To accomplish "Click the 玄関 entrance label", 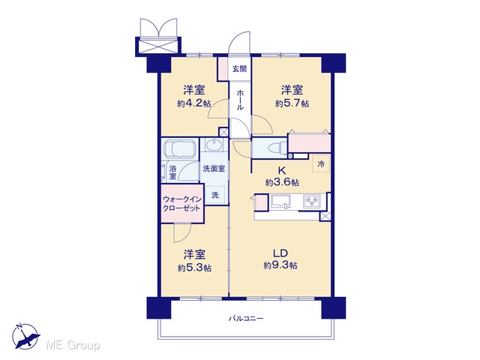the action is [239, 68].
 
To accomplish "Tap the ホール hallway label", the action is [240, 100].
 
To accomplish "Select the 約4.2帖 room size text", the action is [194, 103].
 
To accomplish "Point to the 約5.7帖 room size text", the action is [292, 103].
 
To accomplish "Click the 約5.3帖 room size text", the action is [194, 268].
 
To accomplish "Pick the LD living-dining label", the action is [280, 253].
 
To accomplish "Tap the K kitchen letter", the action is [282, 170].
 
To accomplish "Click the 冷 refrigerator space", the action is [321, 163].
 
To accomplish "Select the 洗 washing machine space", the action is [215, 195].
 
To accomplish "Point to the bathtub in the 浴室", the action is [180, 149].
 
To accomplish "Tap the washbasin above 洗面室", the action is [214, 145].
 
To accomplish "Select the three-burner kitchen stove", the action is [312, 201].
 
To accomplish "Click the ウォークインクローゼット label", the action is [182, 203].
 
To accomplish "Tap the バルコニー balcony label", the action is [246, 319].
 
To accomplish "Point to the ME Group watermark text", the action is [73, 345].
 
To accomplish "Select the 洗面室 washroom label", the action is [214, 168].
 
